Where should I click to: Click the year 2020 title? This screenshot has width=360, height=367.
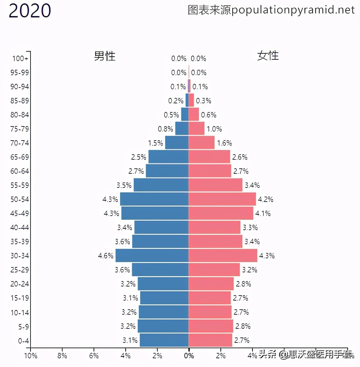pyautogui.click(x=29, y=11)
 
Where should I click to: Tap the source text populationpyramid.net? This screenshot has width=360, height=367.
pyautogui.click(x=271, y=10)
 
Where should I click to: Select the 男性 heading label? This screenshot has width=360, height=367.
pyautogui.click(x=105, y=56)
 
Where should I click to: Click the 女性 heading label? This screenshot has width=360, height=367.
pyautogui.click(x=268, y=55)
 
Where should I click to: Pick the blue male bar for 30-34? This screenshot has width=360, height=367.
pyautogui.click(x=152, y=256)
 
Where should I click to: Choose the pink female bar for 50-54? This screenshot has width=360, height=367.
pyautogui.click(x=222, y=199)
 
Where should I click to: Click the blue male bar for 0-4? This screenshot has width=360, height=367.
pyautogui.click(x=164, y=340)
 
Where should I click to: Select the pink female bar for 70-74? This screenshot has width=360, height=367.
pyautogui.click(x=201, y=143)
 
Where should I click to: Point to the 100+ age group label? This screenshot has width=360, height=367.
pyautogui.click(x=20, y=59)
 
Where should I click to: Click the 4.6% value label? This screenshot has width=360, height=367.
pyautogui.click(x=106, y=256)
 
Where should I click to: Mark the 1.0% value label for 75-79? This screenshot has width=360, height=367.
pyautogui.click(x=214, y=129)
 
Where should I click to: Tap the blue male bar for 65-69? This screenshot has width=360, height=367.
pyautogui.click(x=168, y=157)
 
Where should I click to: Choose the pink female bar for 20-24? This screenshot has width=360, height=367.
pyautogui.click(x=211, y=284)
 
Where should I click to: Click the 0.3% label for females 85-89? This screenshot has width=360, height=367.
pyautogui.click(x=203, y=101)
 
